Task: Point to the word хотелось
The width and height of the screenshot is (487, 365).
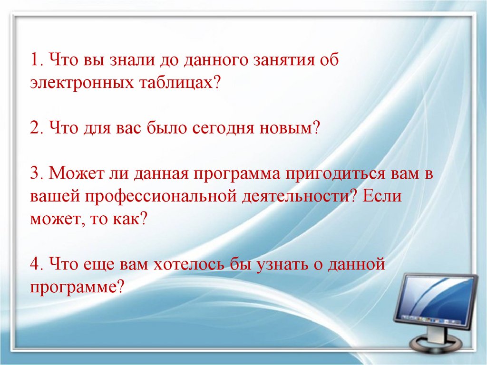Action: click(x=190, y=264)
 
